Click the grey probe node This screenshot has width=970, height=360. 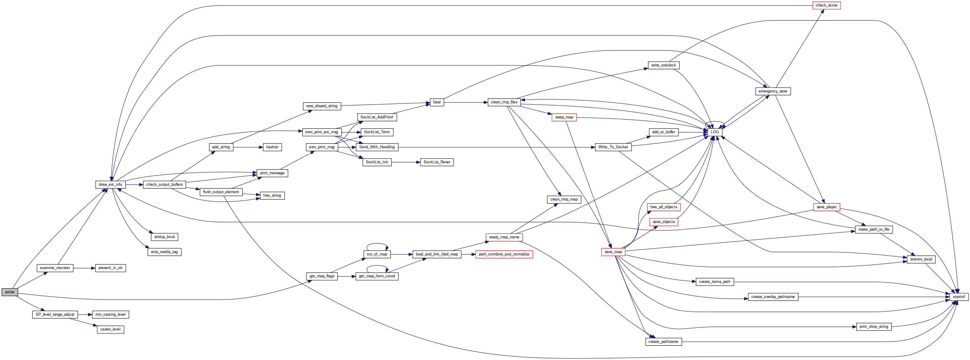(9, 292)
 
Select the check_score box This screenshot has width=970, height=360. (826, 5)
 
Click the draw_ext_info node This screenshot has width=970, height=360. (110, 185)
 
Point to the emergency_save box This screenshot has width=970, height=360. (773, 92)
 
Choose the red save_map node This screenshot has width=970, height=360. (613, 252)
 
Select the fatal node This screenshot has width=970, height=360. (436, 102)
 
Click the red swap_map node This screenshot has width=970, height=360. (564, 118)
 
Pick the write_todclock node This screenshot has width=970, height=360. (663, 66)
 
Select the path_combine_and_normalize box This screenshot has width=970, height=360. (504, 255)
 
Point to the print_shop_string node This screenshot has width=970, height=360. (874, 327)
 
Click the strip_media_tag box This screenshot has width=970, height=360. (164, 252)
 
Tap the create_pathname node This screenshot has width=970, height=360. (663, 342)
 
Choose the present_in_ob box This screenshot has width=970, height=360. (110, 268)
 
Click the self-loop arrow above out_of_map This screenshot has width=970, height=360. (377, 244)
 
